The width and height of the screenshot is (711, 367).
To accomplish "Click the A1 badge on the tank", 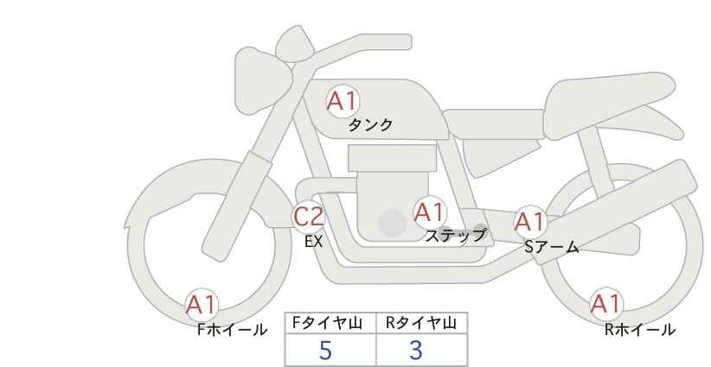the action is point(343,101).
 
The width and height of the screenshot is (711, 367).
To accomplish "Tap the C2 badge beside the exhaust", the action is point(308,216).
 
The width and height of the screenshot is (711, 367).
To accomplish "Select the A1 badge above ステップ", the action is point(429,212).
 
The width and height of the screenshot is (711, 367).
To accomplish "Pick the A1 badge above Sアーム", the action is point(529,222).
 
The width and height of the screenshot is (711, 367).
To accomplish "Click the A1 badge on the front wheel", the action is point(202,305).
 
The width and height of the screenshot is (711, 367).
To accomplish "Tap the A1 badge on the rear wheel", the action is point(605,304).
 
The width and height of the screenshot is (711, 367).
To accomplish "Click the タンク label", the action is point(370,125).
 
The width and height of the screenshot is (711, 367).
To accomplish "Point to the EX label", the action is point(314,242).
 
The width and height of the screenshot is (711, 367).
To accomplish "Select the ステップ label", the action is point(455,236).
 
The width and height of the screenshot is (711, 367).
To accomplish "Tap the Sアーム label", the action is point(551,247).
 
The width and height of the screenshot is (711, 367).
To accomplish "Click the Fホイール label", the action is point(232,330).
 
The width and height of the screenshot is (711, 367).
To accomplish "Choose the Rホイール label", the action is point(640,330).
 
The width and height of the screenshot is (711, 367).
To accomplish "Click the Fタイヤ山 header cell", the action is point(330,323).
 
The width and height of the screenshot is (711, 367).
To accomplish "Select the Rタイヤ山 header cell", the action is point(422,323).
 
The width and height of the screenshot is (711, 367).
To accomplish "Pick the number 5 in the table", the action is point(325,350).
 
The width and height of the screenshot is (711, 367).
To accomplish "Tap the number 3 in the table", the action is point(415,350).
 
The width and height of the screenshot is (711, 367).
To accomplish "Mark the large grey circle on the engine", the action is point(392,223).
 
